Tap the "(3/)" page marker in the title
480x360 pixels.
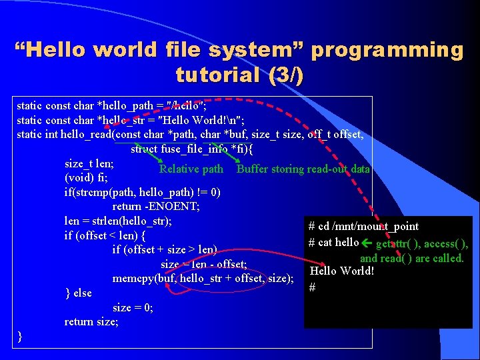[x=285, y=75]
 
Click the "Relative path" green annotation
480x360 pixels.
[x=191, y=169]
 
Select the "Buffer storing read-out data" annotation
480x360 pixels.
[x=303, y=169]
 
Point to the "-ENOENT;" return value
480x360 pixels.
[x=175, y=207]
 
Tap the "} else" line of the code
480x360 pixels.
[x=78, y=293]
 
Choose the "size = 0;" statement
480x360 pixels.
[x=133, y=307]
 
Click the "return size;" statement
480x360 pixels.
[x=91, y=322]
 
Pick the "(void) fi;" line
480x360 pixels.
[x=86, y=178]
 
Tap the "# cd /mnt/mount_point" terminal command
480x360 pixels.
[x=363, y=227]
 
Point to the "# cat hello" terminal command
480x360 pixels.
[x=334, y=242]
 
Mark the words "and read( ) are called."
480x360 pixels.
[x=412, y=258]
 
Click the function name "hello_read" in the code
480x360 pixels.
[x=86, y=134]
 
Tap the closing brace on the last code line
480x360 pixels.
[x=21, y=337]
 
